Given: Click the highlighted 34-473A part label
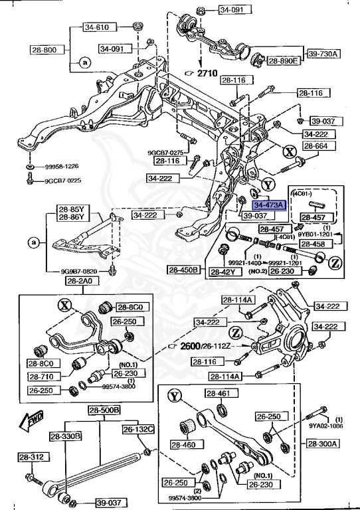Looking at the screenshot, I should (268, 206).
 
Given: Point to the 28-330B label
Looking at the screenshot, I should (64, 436).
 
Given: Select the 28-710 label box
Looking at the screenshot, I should (43, 377).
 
